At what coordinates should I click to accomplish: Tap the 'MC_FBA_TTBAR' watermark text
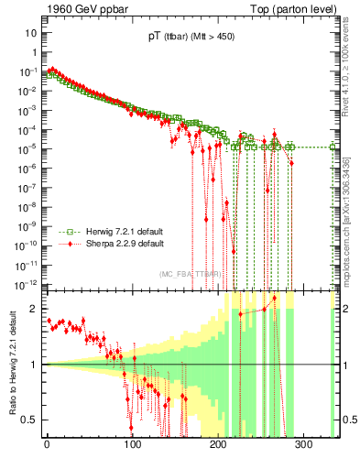tap(189, 274)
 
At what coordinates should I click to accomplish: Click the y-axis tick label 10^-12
tap(27, 282)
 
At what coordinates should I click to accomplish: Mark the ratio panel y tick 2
tap(36, 309)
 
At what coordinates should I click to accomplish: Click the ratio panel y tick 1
tap(36, 364)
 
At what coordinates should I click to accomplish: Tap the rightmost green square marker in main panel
tap(333, 147)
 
